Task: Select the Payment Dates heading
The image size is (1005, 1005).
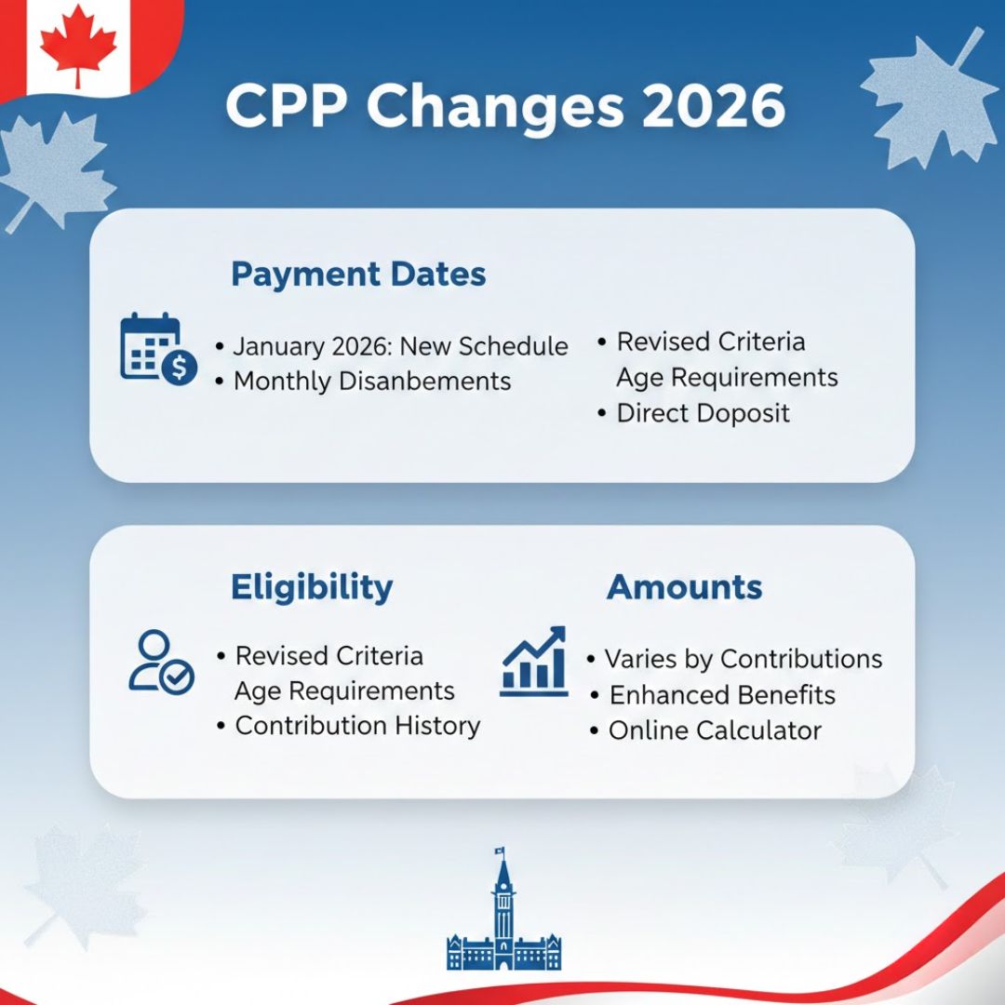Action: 358,275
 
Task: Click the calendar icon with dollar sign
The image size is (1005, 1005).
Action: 157,349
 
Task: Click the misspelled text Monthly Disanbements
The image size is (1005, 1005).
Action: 372,382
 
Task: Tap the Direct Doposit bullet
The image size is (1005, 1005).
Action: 703,413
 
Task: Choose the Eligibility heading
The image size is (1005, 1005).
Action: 312,587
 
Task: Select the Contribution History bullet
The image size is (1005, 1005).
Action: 357,726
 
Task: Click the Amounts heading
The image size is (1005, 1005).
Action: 684,587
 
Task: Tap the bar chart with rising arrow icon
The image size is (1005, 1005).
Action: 534,661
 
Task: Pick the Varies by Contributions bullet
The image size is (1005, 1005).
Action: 743,659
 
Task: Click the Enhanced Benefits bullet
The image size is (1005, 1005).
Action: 722,695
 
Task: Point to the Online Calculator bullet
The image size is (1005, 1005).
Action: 715,730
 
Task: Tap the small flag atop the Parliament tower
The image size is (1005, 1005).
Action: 500,852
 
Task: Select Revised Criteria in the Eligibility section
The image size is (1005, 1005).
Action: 328,656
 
